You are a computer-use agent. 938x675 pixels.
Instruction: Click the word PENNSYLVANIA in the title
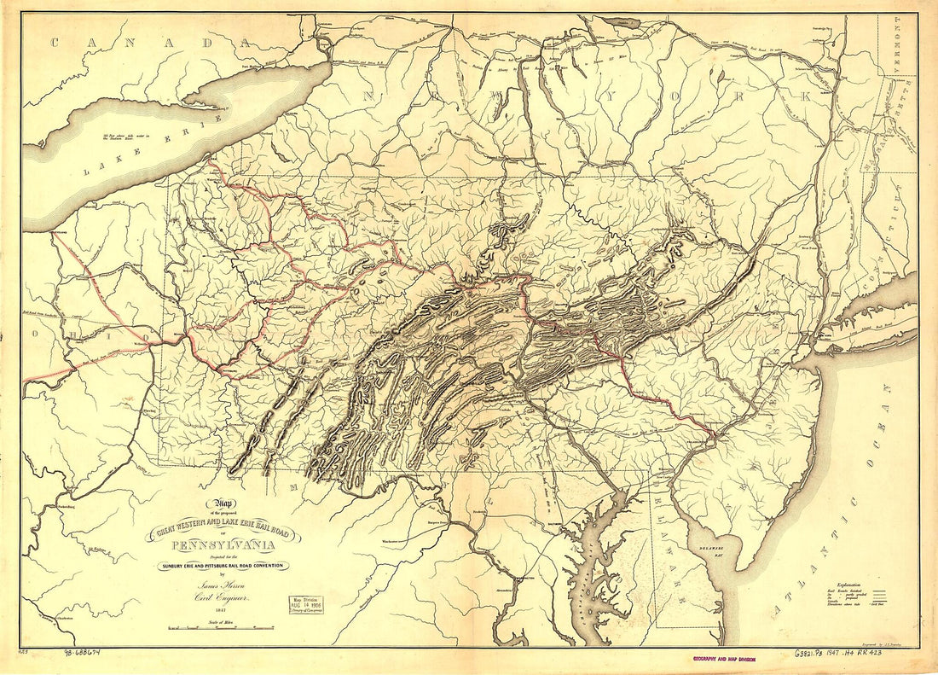tap(223, 546)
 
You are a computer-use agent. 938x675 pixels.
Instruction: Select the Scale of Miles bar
tap(221, 628)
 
